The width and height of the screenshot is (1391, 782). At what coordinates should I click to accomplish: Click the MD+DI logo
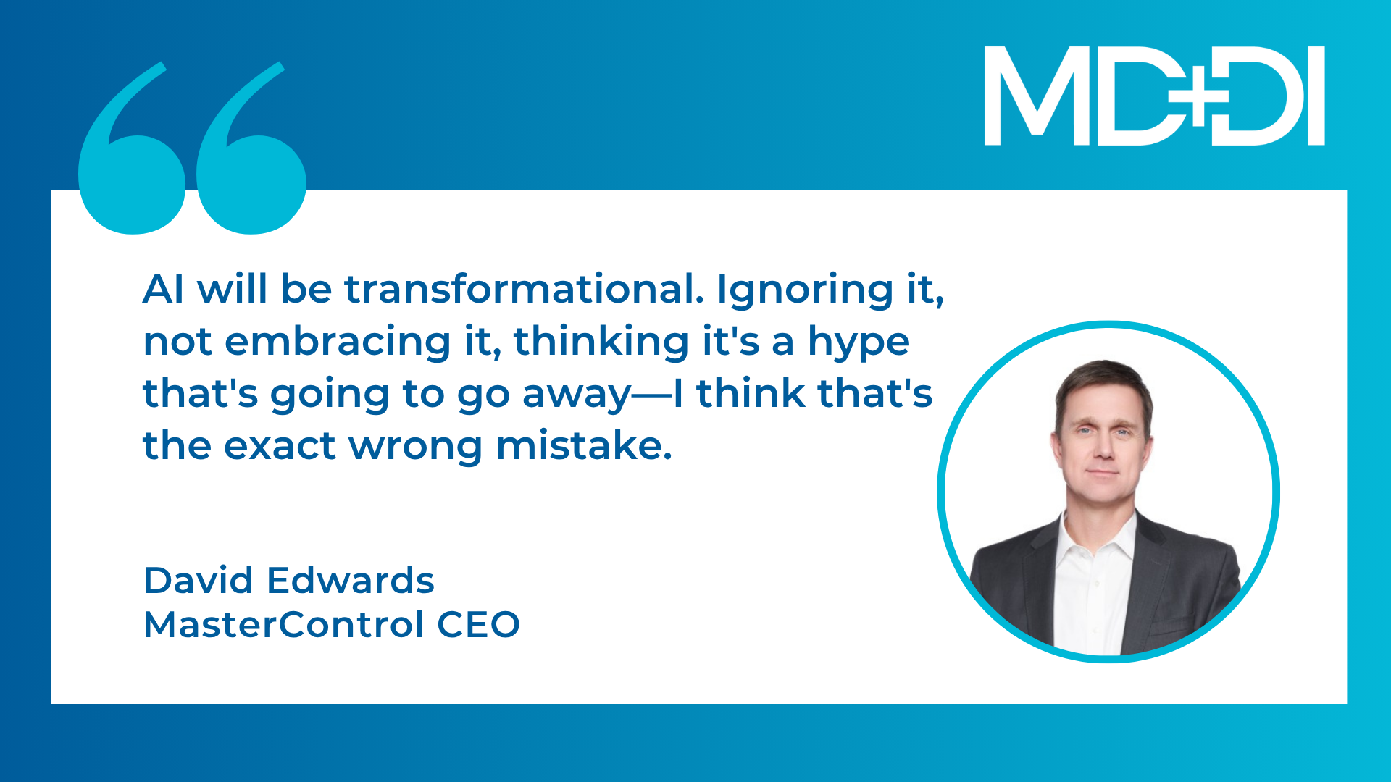[x=1155, y=96]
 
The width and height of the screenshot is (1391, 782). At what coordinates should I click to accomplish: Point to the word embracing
[x=338, y=342]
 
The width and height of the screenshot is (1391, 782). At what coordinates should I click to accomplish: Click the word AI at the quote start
[x=163, y=289]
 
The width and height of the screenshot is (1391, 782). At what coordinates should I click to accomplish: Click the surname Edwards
[x=351, y=580]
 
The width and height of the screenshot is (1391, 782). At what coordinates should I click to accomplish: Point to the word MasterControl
[x=283, y=624]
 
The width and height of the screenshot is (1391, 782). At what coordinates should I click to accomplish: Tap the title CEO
[x=478, y=624]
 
